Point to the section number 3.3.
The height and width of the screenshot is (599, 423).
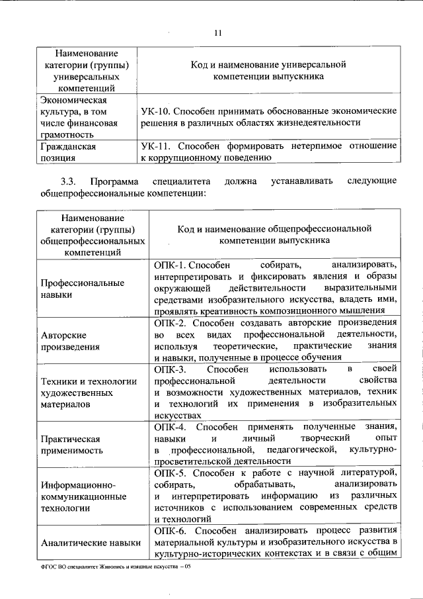[69, 181]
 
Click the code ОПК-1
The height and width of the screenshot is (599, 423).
[171, 265]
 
